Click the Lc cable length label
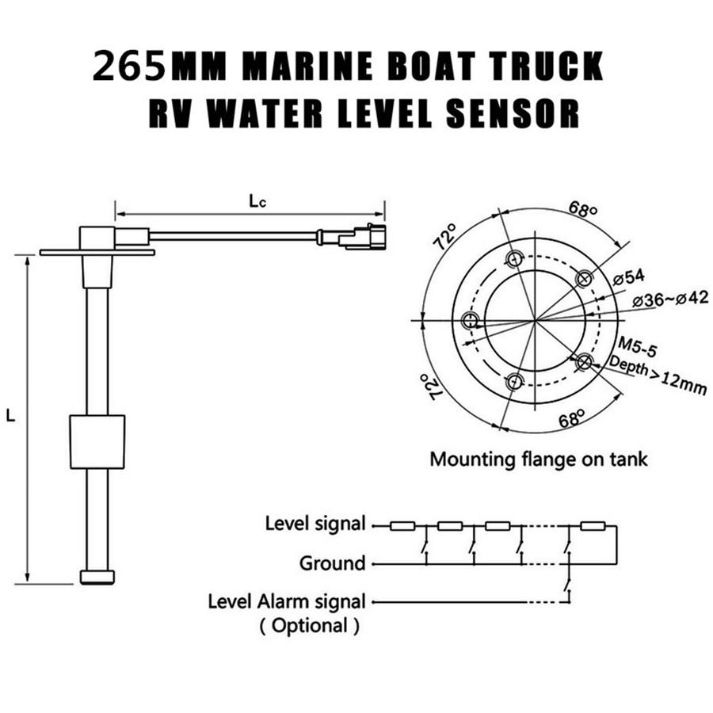point(256,201)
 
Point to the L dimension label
point(10,415)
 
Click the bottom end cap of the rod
point(97,577)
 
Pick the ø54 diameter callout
point(630,276)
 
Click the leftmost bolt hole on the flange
point(471,320)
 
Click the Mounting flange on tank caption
point(538,459)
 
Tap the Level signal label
point(315,524)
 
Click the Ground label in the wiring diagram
point(332,563)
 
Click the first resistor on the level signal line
point(402,524)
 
